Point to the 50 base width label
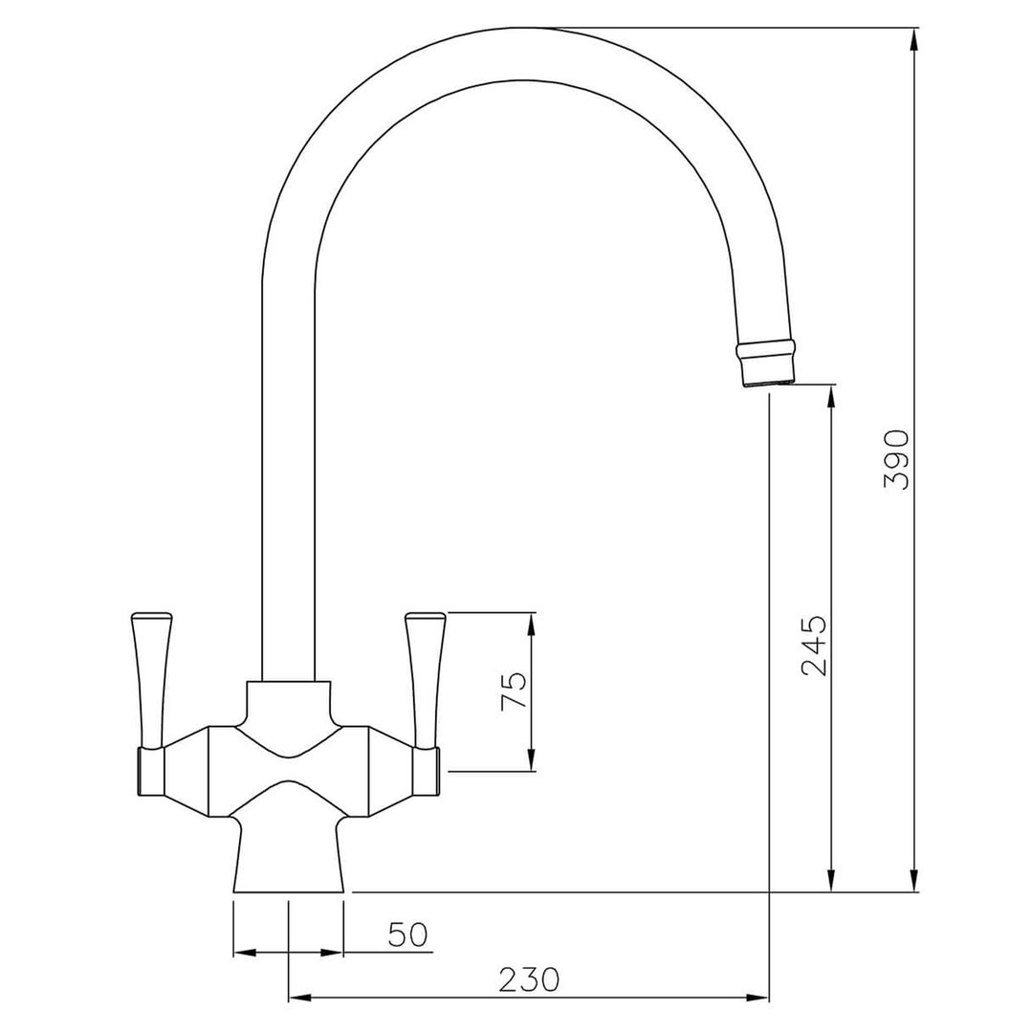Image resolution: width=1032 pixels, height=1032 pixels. tap(407, 934)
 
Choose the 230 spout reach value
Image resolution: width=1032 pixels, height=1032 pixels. tap(528, 979)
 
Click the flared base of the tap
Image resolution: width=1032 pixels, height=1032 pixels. tap(287, 856)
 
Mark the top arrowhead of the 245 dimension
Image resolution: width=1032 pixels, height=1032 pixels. tap(832, 396)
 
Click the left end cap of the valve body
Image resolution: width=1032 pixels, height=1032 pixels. tap(151, 772)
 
